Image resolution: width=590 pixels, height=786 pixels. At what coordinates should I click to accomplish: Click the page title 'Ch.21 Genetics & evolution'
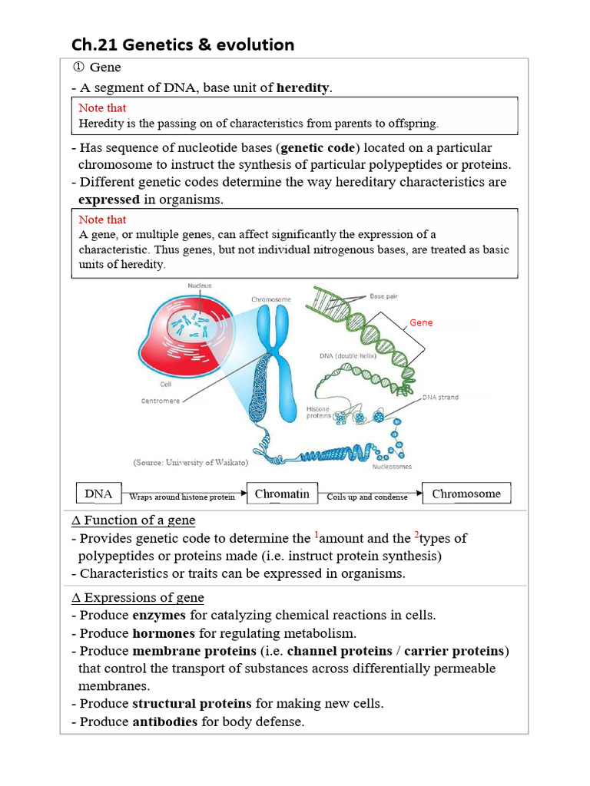click(182, 45)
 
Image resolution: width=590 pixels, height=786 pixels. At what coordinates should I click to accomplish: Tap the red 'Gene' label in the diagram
click(421, 322)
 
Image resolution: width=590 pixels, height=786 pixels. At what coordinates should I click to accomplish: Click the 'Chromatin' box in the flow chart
click(282, 494)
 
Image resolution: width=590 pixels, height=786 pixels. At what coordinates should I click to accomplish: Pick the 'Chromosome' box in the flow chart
click(466, 494)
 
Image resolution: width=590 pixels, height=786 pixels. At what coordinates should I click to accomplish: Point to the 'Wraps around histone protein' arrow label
click(182, 497)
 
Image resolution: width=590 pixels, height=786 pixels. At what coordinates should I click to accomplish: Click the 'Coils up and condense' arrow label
click(367, 497)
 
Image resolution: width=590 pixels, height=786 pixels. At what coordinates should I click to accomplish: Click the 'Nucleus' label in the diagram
click(200, 286)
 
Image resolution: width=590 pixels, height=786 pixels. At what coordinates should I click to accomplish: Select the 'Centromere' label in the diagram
click(161, 401)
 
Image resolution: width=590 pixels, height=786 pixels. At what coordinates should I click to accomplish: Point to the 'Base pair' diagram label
click(383, 296)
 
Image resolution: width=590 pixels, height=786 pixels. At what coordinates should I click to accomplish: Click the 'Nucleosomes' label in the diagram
click(393, 466)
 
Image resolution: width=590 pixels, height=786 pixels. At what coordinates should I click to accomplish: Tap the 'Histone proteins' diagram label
click(318, 413)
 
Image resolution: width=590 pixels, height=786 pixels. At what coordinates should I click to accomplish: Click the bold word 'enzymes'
click(157, 615)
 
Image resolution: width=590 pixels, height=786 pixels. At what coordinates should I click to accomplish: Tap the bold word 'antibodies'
click(164, 722)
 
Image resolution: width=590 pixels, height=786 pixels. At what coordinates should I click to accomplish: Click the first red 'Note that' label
click(102, 107)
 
